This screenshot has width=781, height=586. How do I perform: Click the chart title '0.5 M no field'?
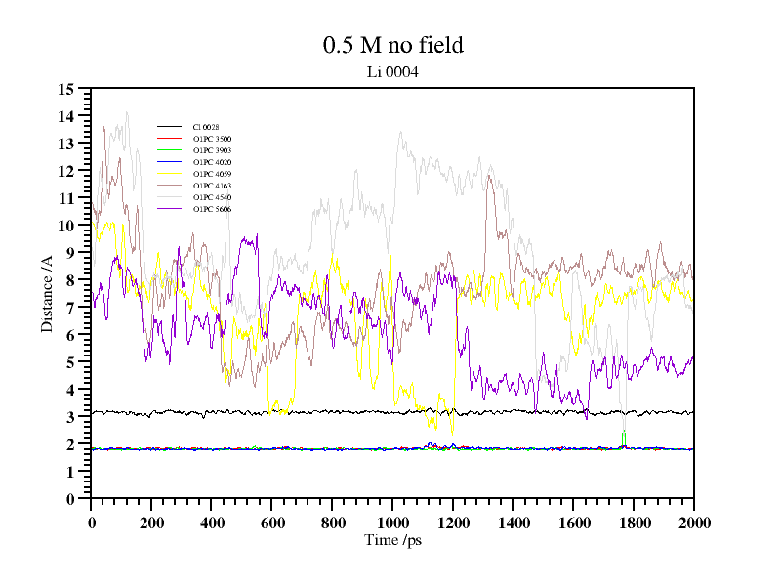coord(392,45)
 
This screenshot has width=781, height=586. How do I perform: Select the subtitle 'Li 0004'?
coord(392,71)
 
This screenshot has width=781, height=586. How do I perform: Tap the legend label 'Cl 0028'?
coord(206,127)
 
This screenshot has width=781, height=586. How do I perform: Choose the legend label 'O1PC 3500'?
coord(212,139)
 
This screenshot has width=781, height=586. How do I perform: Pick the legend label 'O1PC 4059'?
coord(212,174)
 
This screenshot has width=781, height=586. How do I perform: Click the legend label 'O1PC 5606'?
coord(212,209)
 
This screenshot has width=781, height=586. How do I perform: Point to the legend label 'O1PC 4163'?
coord(212,186)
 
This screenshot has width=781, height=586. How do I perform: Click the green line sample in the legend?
coord(170,150)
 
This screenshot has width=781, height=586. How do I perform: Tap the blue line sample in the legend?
coord(170,162)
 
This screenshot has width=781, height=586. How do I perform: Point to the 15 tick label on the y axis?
coord(66,89)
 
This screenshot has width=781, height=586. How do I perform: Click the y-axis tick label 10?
coord(66,226)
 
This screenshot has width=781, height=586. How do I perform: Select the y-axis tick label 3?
coord(70,417)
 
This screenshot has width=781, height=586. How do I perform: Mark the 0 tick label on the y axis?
coord(70,499)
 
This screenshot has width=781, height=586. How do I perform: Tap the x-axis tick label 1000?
coord(392,523)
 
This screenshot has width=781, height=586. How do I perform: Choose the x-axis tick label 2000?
coord(693,523)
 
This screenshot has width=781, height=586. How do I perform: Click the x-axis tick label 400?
coord(212,523)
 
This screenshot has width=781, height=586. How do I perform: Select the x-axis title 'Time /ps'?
coord(392,540)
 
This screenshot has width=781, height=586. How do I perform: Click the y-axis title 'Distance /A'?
coord(47,293)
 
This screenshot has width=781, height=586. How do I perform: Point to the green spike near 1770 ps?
coord(624,435)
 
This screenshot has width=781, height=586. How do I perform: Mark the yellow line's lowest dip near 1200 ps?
coord(452,430)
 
